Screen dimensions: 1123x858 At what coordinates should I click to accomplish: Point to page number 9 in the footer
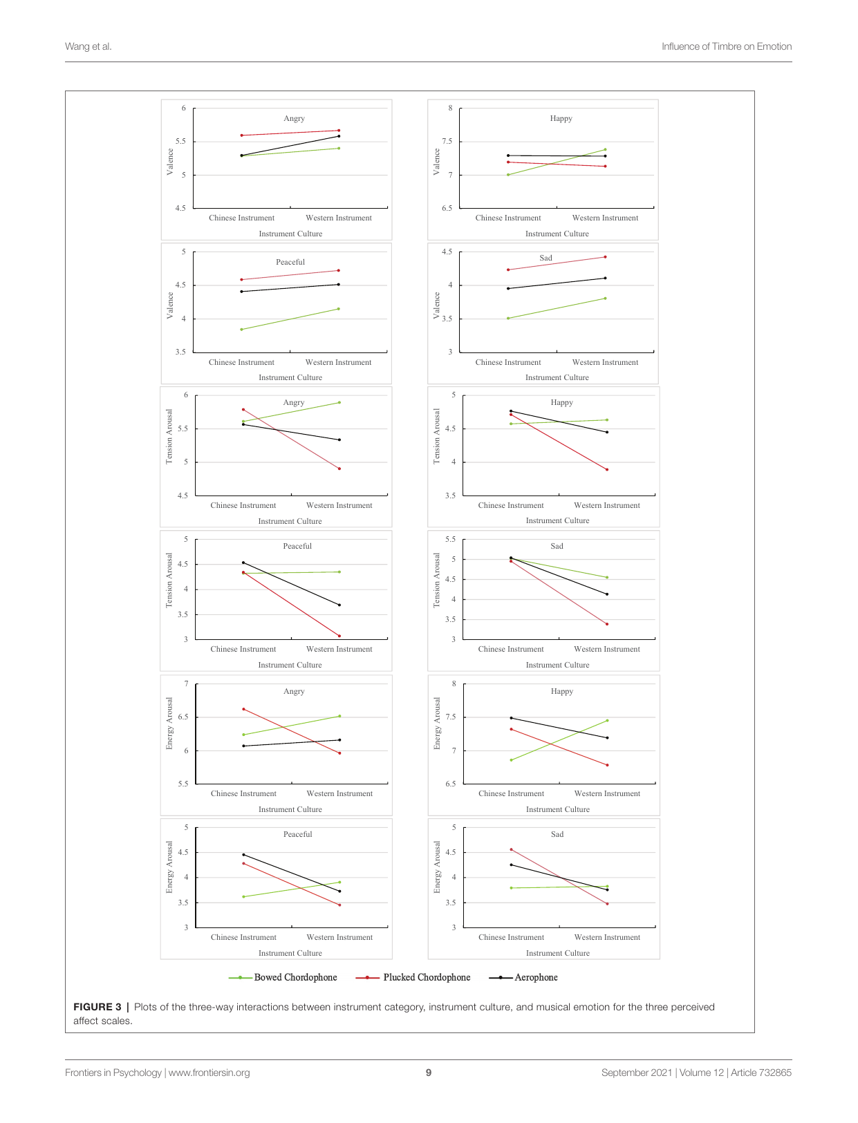click(429, 1073)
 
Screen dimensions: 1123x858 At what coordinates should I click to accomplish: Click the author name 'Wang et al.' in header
click(88, 46)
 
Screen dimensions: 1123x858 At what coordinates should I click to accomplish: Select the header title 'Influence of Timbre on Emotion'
click(726, 46)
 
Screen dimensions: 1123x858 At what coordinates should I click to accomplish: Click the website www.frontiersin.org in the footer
click(209, 1073)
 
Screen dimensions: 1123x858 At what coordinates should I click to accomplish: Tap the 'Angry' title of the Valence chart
click(294, 118)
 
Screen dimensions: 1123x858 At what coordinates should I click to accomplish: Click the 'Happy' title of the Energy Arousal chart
click(561, 691)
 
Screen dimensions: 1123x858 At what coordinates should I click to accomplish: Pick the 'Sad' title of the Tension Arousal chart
click(557, 546)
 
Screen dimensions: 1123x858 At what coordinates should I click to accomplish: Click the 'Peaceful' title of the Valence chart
click(290, 262)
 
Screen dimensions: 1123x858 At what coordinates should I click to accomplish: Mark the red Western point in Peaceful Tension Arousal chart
click(339, 636)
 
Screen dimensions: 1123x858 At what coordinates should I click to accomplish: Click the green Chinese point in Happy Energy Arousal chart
click(511, 760)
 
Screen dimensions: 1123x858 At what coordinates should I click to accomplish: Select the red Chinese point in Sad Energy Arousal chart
click(511, 849)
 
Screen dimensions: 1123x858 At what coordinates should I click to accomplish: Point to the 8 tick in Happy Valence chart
click(450, 108)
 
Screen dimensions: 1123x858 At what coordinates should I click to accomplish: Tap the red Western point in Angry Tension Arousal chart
click(339, 469)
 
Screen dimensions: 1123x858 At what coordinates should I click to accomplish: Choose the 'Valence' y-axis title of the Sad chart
click(436, 305)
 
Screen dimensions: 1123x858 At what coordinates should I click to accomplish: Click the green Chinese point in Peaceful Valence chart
click(241, 330)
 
